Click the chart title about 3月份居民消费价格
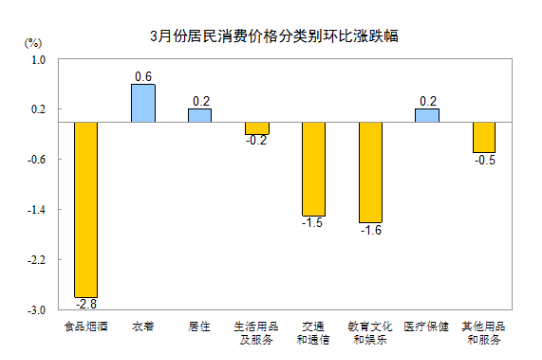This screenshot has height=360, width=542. tap(273, 37)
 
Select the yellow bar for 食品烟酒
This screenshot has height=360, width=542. tap(85, 208)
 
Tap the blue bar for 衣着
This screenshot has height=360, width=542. tap(143, 103)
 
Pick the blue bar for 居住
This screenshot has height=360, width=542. tap(200, 115)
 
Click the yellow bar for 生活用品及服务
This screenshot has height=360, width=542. tap(257, 128)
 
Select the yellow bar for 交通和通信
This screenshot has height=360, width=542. tap(314, 168)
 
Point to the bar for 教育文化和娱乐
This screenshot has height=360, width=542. tap(371, 172)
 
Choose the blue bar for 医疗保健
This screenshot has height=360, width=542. tap(428, 115)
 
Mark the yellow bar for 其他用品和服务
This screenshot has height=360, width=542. tap(485, 137)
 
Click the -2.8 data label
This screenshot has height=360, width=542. tap(85, 303)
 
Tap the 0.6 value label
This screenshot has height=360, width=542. tap(143, 77)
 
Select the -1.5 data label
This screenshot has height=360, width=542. tap(314, 223)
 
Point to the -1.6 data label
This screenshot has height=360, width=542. tap(371, 230)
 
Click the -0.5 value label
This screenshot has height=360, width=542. tap(485, 160)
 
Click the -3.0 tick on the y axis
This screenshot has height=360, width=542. tap(37, 310)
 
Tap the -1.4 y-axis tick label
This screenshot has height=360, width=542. tap(37, 210)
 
